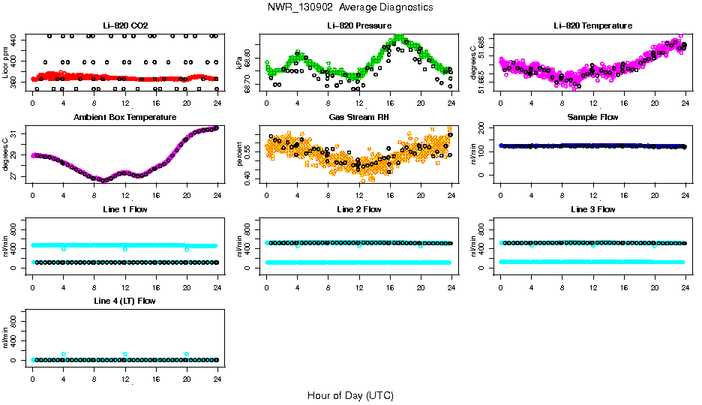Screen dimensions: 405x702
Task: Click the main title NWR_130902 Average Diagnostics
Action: [x=349, y=7]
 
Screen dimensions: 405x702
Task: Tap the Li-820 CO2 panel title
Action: [x=124, y=26]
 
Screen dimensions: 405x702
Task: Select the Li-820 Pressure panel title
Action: [x=358, y=26]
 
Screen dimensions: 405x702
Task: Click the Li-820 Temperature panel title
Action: [x=592, y=26]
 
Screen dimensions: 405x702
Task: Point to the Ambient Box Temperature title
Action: [x=124, y=118]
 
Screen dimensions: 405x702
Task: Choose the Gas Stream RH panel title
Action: [x=358, y=118]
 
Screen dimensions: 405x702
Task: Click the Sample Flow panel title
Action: [x=592, y=118]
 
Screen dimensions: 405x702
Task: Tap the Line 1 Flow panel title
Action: [x=124, y=209]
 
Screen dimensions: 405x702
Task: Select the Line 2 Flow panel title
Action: [x=358, y=209]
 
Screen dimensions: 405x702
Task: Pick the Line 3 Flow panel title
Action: [x=592, y=209]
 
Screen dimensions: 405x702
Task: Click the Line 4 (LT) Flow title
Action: [x=124, y=301]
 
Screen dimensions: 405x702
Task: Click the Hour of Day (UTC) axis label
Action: [x=349, y=395]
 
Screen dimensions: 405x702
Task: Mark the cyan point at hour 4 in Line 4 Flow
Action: [x=64, y=354]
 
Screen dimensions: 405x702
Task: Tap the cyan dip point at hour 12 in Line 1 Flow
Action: [x=125, y=248]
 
